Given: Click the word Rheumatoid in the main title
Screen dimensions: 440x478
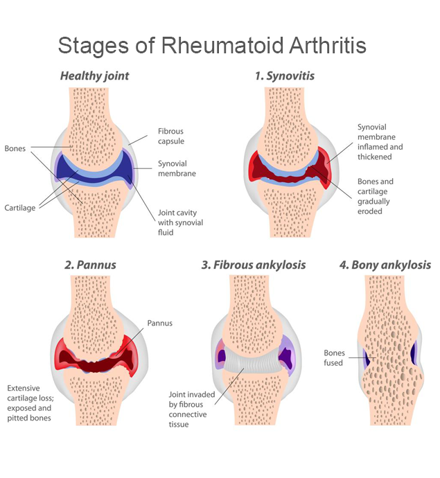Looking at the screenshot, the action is tap(222, 46).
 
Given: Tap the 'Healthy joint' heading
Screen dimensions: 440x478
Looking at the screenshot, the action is tap(94, 76).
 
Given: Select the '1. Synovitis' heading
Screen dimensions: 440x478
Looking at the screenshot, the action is tap(285, 76).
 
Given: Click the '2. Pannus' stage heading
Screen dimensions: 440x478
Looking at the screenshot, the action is tap(90, 265).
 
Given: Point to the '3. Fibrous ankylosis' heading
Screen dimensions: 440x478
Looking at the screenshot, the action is tap(254, 265).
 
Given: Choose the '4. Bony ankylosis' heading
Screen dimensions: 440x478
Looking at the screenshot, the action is tap(385, 265).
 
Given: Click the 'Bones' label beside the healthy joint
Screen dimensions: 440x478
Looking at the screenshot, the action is tap(15, 148).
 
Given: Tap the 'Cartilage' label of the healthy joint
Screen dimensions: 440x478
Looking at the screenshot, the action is tap(20, 208).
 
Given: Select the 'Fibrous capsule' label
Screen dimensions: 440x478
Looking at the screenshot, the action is tap(170, 136).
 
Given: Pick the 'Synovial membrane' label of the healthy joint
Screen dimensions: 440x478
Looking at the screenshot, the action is tap(177, 168).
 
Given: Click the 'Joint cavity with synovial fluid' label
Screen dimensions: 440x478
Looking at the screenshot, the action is tap(180, 222).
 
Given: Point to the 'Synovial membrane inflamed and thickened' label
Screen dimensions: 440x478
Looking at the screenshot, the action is tap(380, 142).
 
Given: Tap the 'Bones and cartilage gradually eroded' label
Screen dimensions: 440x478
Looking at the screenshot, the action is tap(376, 196).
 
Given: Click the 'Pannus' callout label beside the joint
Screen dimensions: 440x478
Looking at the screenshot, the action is tap(160, 323).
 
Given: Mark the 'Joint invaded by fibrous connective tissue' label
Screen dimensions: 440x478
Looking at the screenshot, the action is tap(192, 409).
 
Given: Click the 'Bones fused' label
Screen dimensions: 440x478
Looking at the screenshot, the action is tap(334, 358).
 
